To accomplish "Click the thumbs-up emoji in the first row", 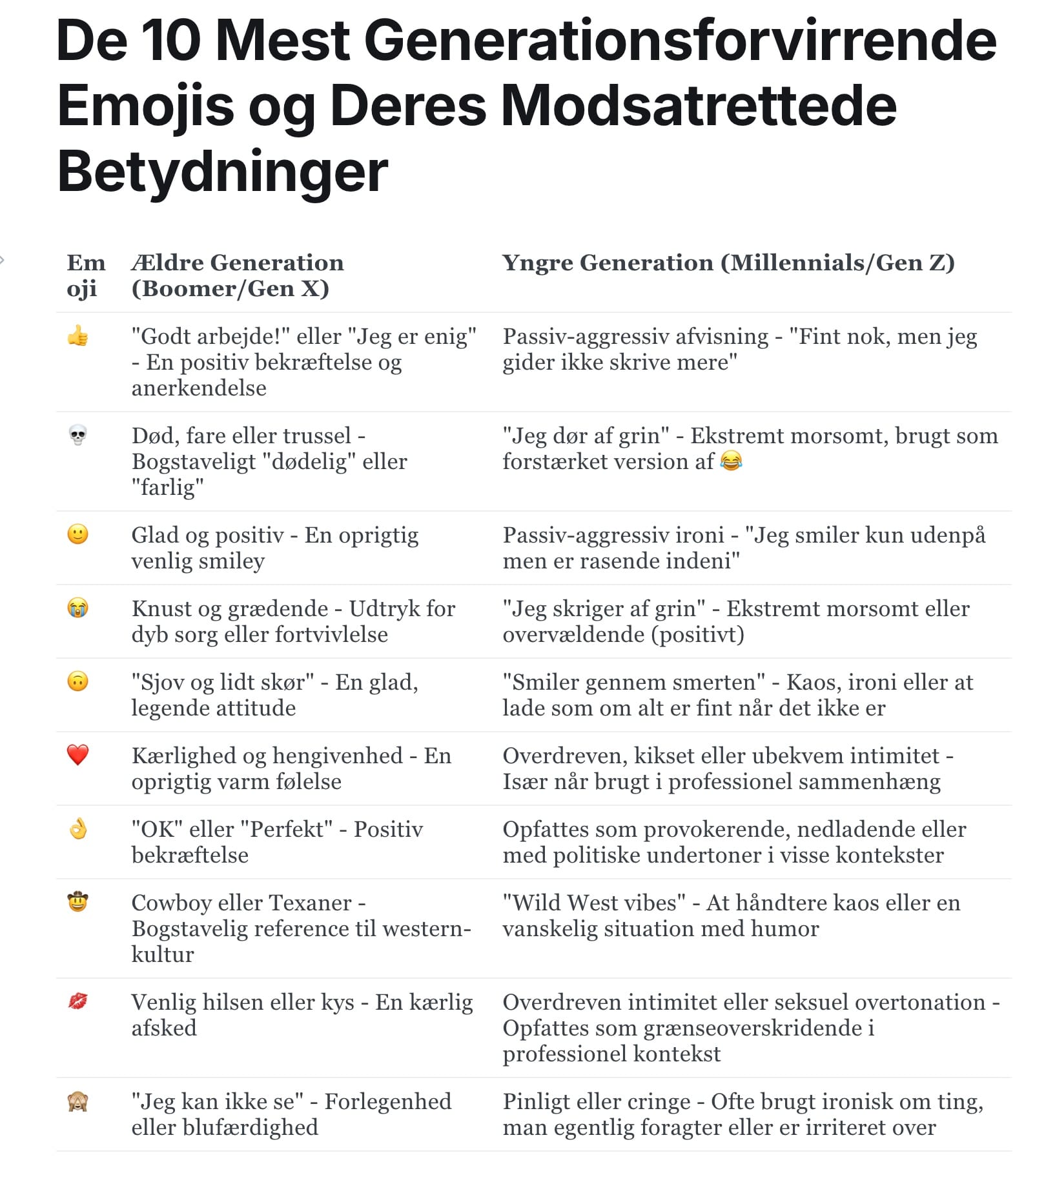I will coord(77,336).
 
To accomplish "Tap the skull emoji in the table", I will coord(77,436).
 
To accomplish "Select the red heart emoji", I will coord(77,754).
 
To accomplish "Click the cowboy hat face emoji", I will coord(77,901).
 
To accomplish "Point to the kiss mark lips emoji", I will coord(77,1001).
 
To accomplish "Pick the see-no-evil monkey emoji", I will coord(77,1101).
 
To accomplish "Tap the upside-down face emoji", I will coord(77,681).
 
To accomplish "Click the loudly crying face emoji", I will coord(77,608).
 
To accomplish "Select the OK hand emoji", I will coord(77,828).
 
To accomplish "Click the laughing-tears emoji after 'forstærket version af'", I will coord(731,461).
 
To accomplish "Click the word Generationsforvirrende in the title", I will coord(681,40).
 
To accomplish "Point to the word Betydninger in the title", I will coord(223,172).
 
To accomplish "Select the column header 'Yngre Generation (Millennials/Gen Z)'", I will coord(728,263).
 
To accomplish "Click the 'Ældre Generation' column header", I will coord(238,263).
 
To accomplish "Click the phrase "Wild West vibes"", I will coord(594,902).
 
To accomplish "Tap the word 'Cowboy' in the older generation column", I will coord(174,902).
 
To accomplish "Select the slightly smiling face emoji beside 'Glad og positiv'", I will coord(77,534).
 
